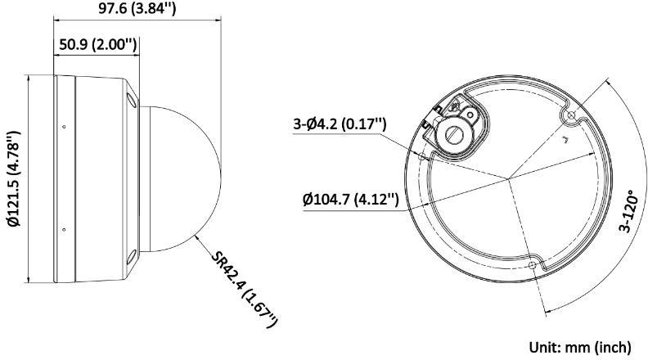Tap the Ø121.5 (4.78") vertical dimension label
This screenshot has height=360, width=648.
pyautogui.click(x=11, y=179)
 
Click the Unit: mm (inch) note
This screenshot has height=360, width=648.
pyautogui.click(x=581, y=345)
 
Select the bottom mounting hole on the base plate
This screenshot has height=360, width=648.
pyautogui.click(x=533, y=266)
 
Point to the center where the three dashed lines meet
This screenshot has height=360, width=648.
pyautogui.click(x=508, y=178)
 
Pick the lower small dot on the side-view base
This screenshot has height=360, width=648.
pyautogui.click(x=63, y=230)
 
